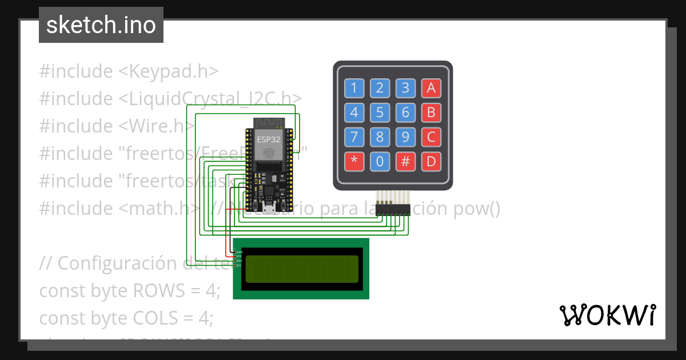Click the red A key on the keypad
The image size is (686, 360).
[431, 88]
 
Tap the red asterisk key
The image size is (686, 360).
[354, 162]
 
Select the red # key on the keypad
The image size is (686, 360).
[405, 162]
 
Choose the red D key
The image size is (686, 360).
[431, 162]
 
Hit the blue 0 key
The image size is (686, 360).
[380, 162]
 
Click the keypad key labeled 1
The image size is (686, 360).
[354, 88]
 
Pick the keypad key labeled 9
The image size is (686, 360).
[405, 137]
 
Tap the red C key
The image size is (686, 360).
[431, 137]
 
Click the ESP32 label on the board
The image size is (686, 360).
[268, 139]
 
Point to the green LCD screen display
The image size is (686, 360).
[301, 269]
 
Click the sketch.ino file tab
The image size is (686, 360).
[101, 25]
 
